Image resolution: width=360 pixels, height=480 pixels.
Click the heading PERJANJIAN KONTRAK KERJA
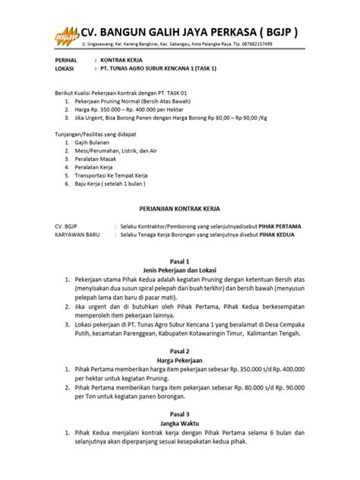click(x=180, y=207)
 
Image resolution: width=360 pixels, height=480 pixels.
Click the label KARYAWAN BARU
click(x=78, y=235)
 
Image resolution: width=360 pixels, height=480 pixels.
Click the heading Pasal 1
click(x=181, y=260)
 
